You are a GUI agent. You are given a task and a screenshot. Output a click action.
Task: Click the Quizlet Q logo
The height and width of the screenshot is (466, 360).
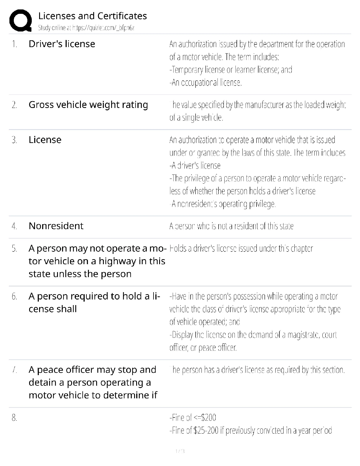pos(20,21)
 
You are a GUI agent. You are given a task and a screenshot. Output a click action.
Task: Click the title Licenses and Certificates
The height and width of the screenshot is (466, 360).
pos(92,16)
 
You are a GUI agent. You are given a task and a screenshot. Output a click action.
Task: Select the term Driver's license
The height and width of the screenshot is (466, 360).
pos(62,44)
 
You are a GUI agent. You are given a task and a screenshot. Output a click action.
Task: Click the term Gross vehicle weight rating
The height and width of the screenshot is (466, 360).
pos(88,105)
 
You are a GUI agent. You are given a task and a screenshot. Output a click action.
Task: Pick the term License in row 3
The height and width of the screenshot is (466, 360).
pos(45,140)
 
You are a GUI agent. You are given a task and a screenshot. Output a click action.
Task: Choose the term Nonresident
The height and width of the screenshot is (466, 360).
pos(56,226)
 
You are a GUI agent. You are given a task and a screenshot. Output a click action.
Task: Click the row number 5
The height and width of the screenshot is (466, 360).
pos(14,249)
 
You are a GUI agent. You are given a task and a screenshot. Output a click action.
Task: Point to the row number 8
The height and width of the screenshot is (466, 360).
pos(14,418)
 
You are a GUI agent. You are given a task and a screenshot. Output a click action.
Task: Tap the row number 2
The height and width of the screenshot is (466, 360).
pos(14,105)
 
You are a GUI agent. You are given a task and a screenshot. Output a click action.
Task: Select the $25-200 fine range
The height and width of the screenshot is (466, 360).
pos(206,431)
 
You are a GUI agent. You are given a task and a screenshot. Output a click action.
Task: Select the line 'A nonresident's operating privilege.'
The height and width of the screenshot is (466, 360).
pos(223,204)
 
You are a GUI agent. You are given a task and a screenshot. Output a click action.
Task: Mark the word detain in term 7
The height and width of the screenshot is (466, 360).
pos(43,382)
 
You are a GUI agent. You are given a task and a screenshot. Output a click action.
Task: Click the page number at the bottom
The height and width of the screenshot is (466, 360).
pos(180,451)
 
